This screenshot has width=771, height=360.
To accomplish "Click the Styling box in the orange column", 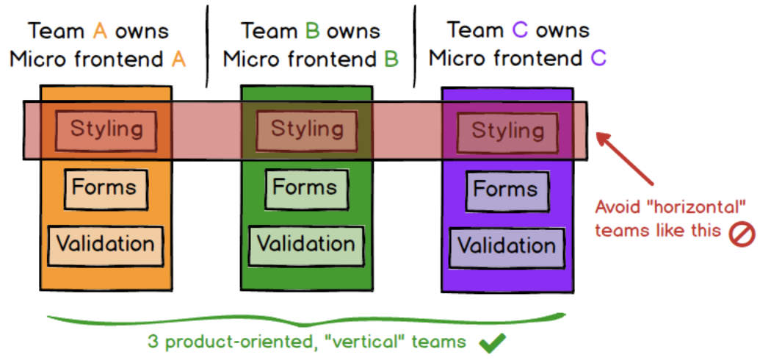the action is [106, 131].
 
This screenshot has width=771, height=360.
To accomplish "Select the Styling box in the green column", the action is [307, 131].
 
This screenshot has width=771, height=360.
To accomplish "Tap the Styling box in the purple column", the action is [508, 132].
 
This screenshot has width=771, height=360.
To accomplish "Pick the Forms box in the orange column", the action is [106, 190].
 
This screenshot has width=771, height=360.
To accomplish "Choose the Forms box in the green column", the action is [306, 190].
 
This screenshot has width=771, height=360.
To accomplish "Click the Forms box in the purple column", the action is [507, 191].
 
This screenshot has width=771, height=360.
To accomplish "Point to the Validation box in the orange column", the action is [105, 246].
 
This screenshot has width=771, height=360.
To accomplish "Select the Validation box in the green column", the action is [306, 246].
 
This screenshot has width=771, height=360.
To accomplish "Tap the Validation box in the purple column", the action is [507, 248].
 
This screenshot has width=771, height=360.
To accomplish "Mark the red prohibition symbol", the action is [742, 234].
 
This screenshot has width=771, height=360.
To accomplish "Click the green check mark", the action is [492, 342].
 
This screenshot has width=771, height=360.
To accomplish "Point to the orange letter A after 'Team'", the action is [100, 32].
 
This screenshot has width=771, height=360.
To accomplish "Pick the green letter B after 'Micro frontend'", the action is [391, 60].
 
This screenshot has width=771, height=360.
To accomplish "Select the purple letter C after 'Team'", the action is [520, 31].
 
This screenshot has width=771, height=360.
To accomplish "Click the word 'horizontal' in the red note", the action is [670, 207].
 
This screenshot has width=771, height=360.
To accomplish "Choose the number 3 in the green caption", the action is [153, 342].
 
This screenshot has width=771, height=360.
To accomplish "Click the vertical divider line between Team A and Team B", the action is [207, 47].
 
